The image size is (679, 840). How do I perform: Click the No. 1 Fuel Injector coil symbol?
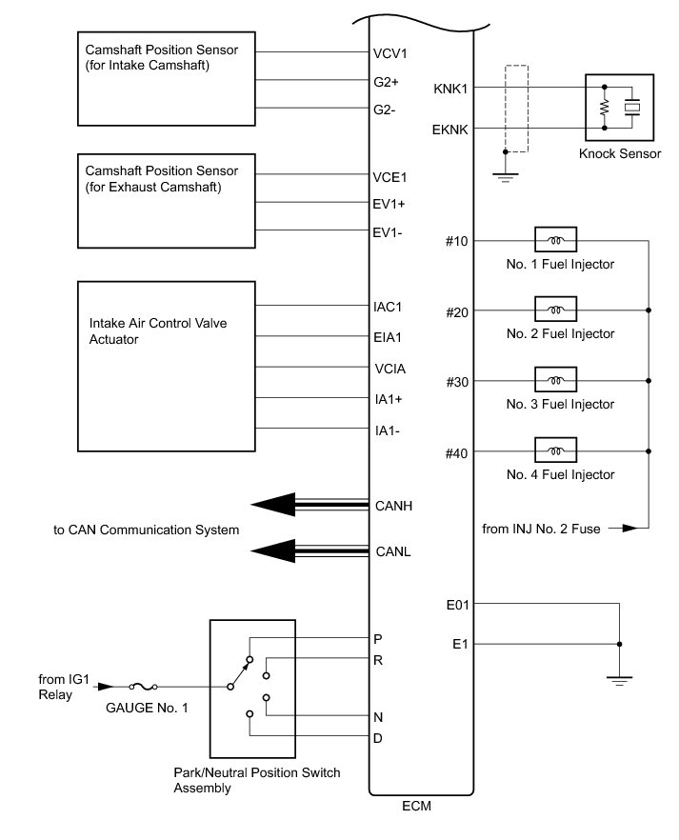coord(554,241)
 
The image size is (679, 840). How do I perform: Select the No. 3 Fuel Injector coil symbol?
coord(554,381)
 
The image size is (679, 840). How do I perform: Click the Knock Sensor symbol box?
coord(619,108)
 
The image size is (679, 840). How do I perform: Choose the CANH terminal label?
coord(394,505)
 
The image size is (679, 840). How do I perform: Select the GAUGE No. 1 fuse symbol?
coord(142,686)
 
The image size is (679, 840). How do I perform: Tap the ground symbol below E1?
coord(620,680)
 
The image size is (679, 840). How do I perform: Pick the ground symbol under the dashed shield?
coord(504,176)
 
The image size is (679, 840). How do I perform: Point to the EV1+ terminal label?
coord(389,203)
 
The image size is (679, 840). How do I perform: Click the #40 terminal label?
coord(457,452)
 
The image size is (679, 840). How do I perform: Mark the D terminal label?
coord(378,737)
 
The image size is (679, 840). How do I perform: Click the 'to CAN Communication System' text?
coord(146,530)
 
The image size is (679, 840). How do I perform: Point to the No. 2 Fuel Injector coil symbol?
coord(554,310)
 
